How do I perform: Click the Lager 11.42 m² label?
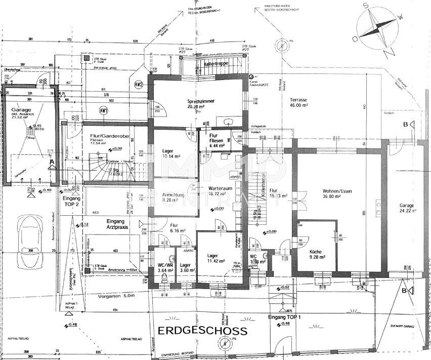pos(215,258)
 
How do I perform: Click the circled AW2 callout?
pos(138,85)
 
